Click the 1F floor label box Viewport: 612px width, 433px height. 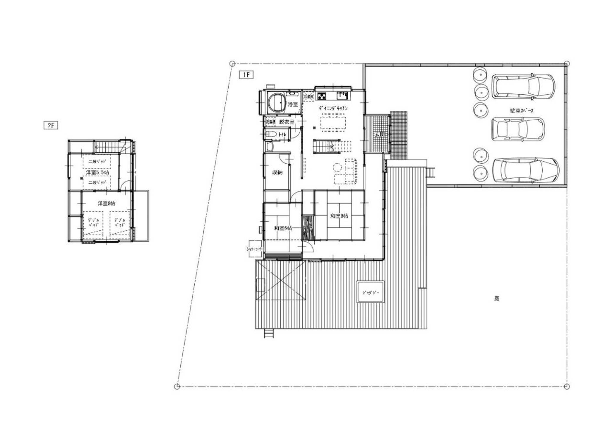(x=246, y=75)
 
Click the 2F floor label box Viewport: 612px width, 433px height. (x=51, y=125)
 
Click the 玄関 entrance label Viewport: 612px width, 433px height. (x=379, y=134)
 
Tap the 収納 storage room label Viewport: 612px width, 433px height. (x=277, y=172)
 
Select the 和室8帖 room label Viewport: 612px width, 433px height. (x=339, y=216)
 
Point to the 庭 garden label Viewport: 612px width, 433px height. (x=496, y=299)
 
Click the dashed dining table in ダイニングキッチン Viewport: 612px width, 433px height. (x=333, y=123)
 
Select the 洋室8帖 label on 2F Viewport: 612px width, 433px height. (x=106, y=204)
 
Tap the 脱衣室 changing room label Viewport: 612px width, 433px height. (x=287, y=122)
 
